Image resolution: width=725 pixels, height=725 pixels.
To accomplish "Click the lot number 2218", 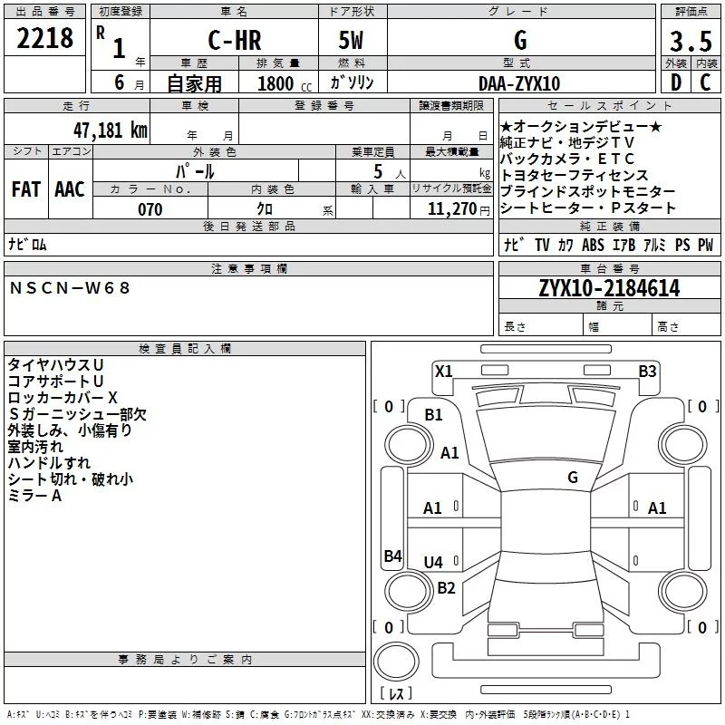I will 44,39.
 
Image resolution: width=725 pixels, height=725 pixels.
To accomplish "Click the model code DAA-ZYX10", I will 518,82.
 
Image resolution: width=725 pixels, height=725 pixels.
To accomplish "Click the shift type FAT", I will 26,189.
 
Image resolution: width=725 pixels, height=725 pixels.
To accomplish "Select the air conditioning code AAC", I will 70,189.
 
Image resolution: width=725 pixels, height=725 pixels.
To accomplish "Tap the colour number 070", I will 150,209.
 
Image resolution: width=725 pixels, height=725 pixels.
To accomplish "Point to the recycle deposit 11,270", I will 452,209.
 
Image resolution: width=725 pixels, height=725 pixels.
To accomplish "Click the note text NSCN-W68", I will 71,287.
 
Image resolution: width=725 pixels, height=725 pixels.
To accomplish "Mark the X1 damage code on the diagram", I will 443,371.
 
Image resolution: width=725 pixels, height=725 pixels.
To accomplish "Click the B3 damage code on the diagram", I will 647,371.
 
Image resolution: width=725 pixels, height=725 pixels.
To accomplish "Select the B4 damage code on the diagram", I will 392,556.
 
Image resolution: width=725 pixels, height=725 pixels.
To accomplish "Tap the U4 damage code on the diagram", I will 434,563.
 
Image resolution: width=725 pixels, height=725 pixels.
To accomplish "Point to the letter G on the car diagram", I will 573,477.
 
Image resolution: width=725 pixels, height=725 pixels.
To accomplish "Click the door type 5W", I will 353,42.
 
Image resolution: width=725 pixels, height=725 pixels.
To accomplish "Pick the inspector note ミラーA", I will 34,496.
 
